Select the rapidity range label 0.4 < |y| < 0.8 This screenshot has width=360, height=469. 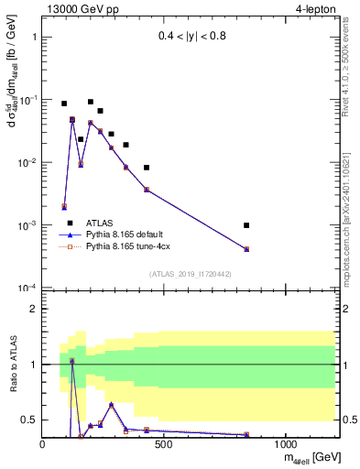(x=188, y=38)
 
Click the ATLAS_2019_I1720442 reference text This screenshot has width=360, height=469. (x=189, y=274)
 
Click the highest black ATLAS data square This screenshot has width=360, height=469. (x=91, y=102)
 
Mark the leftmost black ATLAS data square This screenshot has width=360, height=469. (x=64, y=104)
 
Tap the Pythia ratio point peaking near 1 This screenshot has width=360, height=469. (x=72, y=361)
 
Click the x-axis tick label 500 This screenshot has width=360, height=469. (x=165, y=444)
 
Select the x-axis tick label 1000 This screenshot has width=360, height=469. (x=286, y=444)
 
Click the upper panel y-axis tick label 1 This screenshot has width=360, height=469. (x=33, y=38)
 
